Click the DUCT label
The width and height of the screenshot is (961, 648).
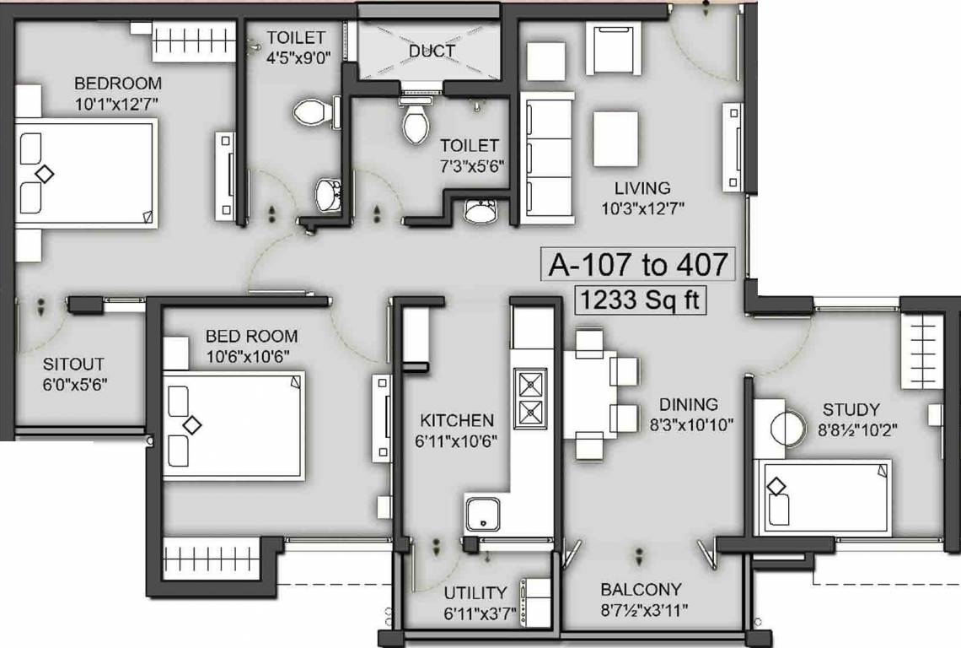(432, 51)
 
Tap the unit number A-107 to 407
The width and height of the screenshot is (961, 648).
(637, 264)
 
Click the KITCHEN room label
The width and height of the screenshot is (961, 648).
(457, 420)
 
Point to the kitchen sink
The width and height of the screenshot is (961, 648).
(482, 514)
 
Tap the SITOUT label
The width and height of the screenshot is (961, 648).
(73, 364)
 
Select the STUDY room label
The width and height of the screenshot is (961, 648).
(851, 410)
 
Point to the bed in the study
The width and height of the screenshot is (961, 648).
(824, 497)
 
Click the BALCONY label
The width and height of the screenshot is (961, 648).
(641, 589)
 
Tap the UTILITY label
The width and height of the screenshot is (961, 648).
(476, 592)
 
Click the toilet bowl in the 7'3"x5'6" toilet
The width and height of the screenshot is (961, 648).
(416, 121)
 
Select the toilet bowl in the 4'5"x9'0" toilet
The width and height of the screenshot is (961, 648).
(309, 112)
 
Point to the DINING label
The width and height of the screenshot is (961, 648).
(689, 405)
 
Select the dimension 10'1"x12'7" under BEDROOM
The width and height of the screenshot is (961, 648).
(117, 104)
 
